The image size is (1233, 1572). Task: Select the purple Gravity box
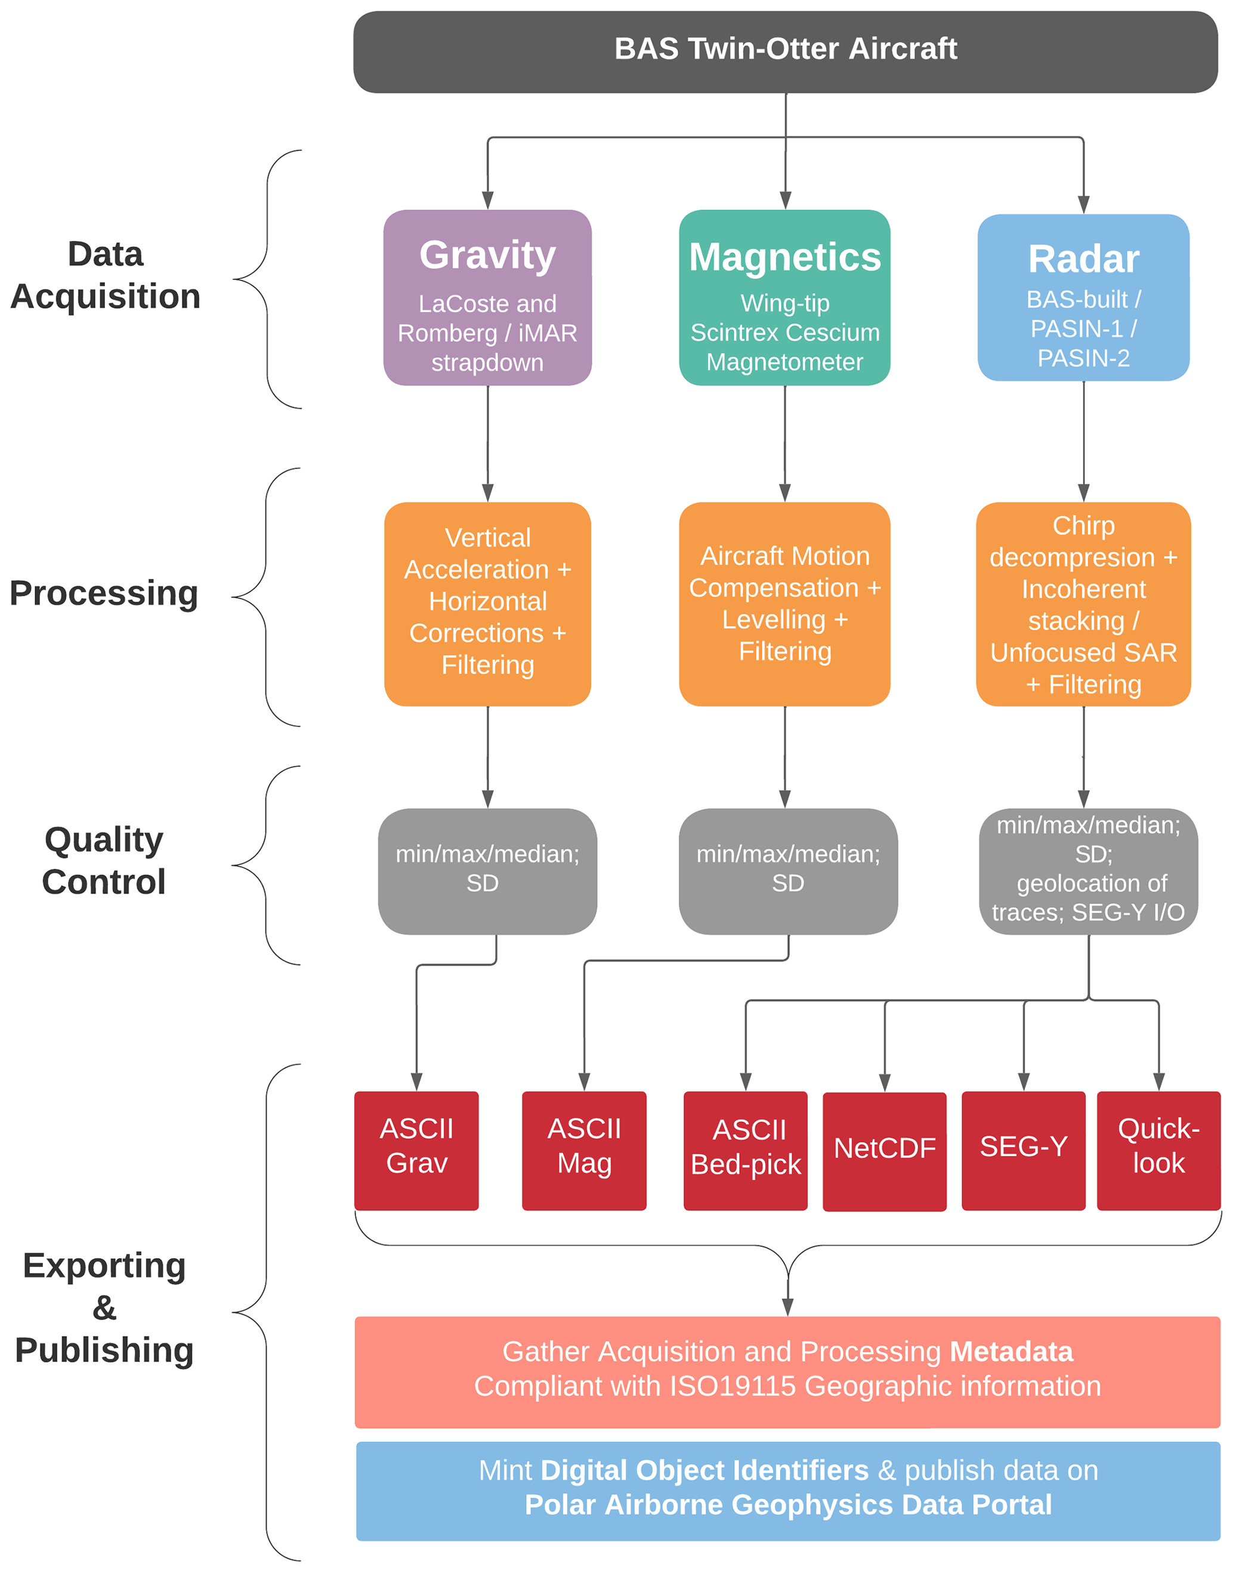[x=487, y=297]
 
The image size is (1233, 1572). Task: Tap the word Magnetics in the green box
[x=784, y=257]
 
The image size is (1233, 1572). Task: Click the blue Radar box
[x=1083, y=297]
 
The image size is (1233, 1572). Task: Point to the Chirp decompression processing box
[x=1083, y=603]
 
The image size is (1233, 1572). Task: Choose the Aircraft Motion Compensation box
[x=784, y=603]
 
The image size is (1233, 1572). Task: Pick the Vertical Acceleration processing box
[x=487, y=603]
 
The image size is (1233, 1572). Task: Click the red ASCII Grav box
[x=416, y=1150]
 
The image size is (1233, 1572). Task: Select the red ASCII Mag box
[x=584, y=1150]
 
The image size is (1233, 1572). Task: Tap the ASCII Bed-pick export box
[x=745, y=1150]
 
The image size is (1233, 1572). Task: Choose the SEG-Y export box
[x=1023, y=1150]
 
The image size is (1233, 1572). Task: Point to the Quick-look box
[x=1158, y=1150]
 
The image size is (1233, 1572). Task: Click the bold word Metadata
[x=1010, y=1352]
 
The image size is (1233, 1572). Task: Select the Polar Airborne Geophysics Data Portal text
[x=787, y=1505]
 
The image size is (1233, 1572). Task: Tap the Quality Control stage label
[x=104, y=861]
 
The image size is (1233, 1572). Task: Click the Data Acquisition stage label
[x=106, y=275]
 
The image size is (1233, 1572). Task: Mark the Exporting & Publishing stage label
[x=104, y=1308]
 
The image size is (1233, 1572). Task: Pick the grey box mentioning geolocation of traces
[x=1088, y=871]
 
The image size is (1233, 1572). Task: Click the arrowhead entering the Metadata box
[x=787, y=1307]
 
